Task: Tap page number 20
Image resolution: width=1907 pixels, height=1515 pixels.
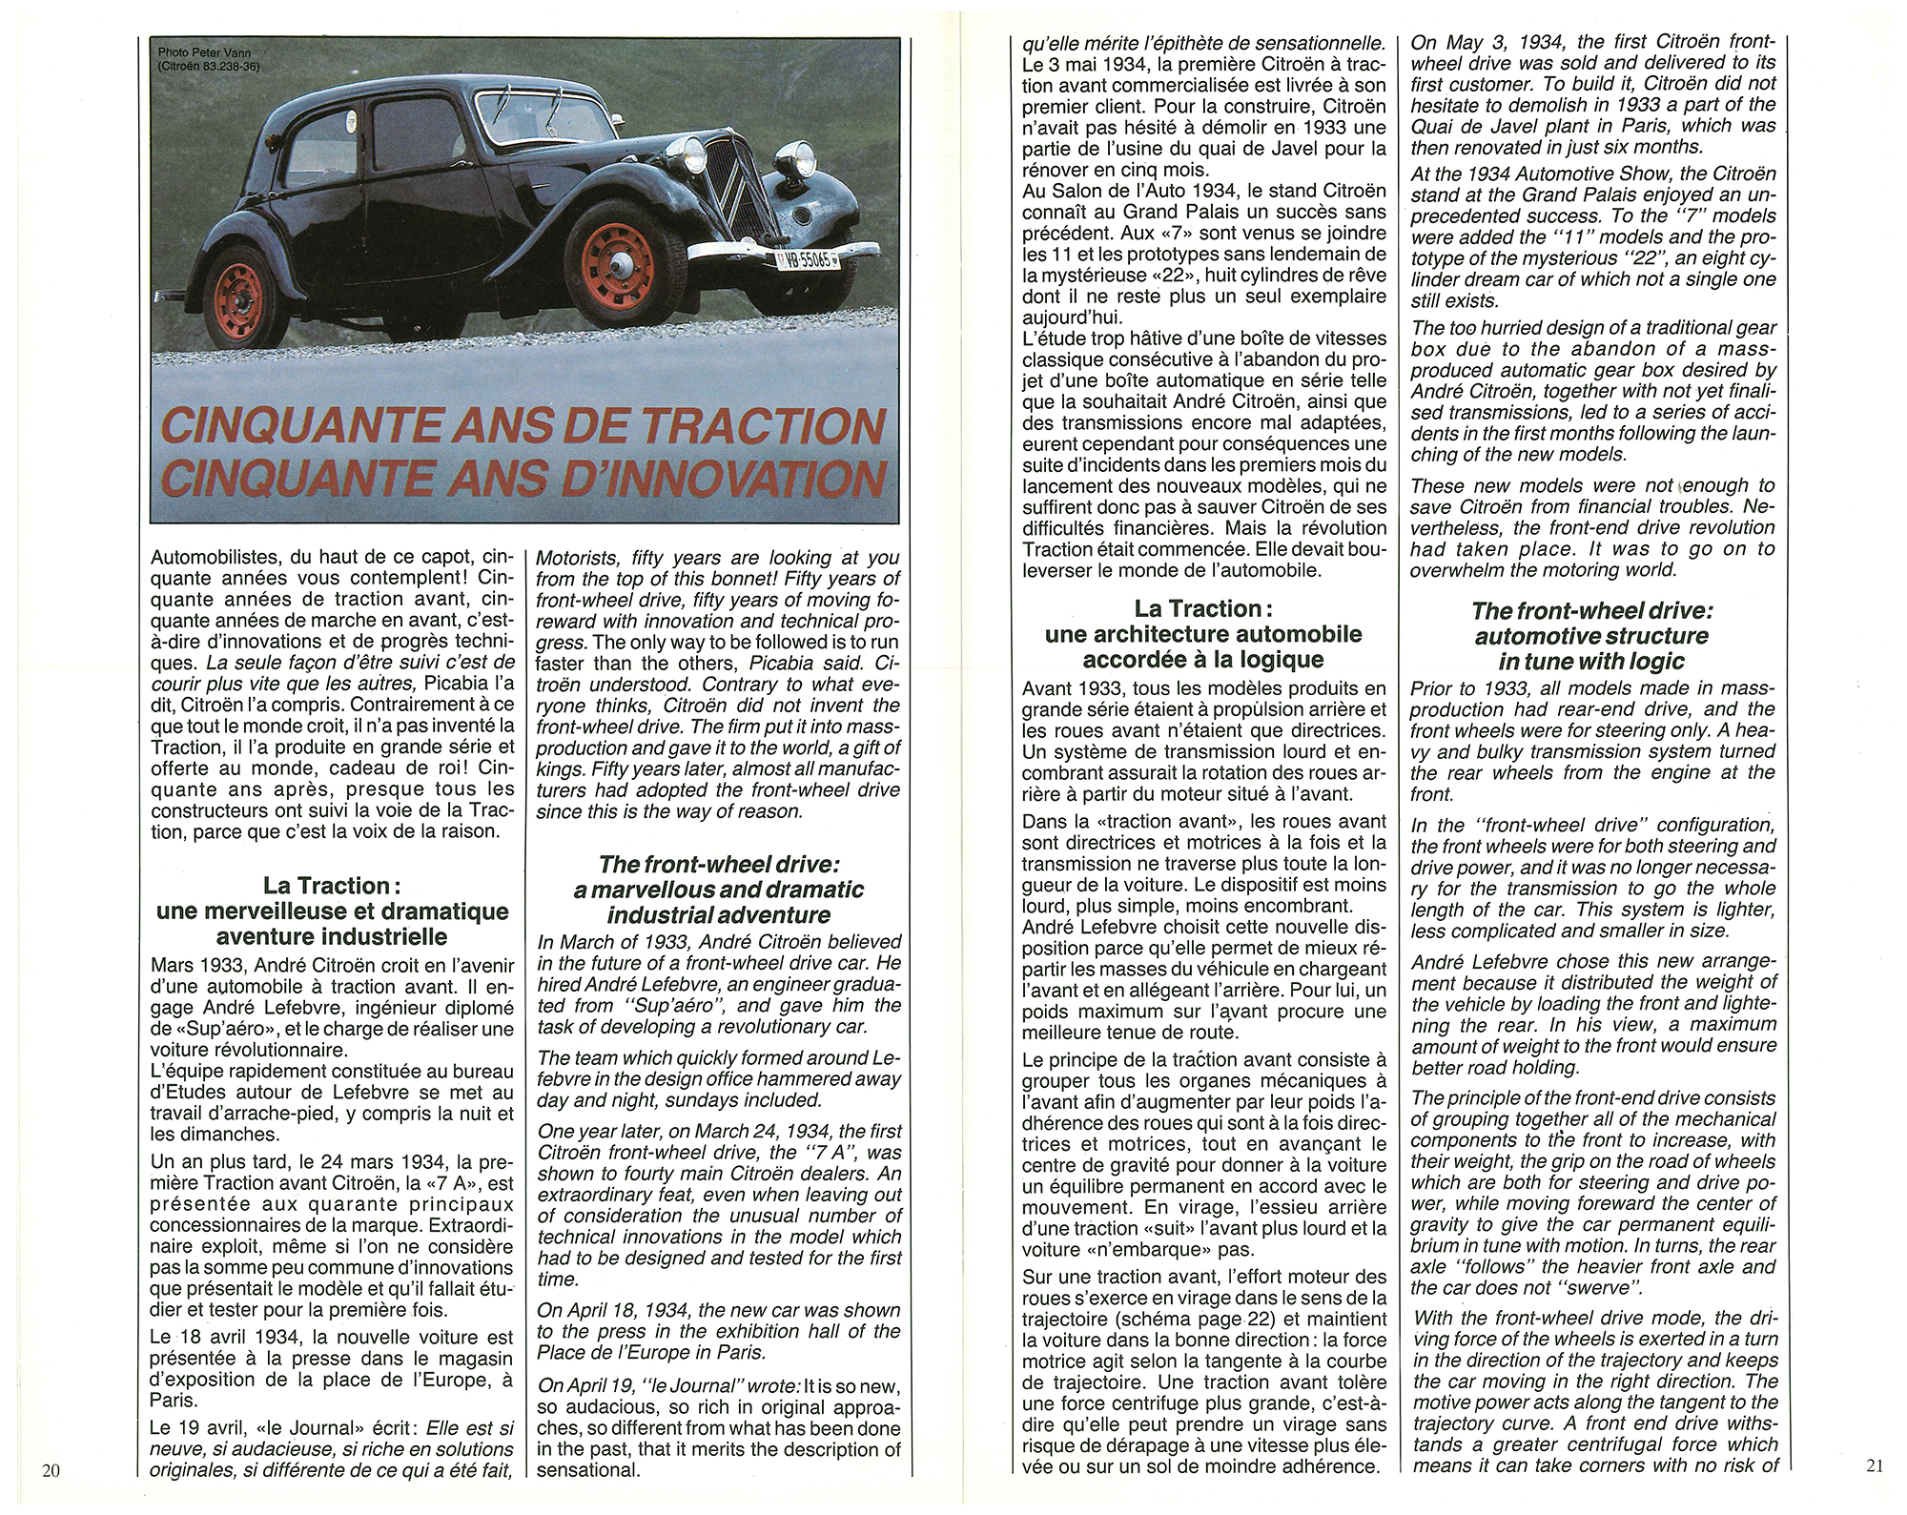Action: click(x=51, y=1469)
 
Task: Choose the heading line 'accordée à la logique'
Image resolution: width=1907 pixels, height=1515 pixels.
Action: click(x=1203, y=660)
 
